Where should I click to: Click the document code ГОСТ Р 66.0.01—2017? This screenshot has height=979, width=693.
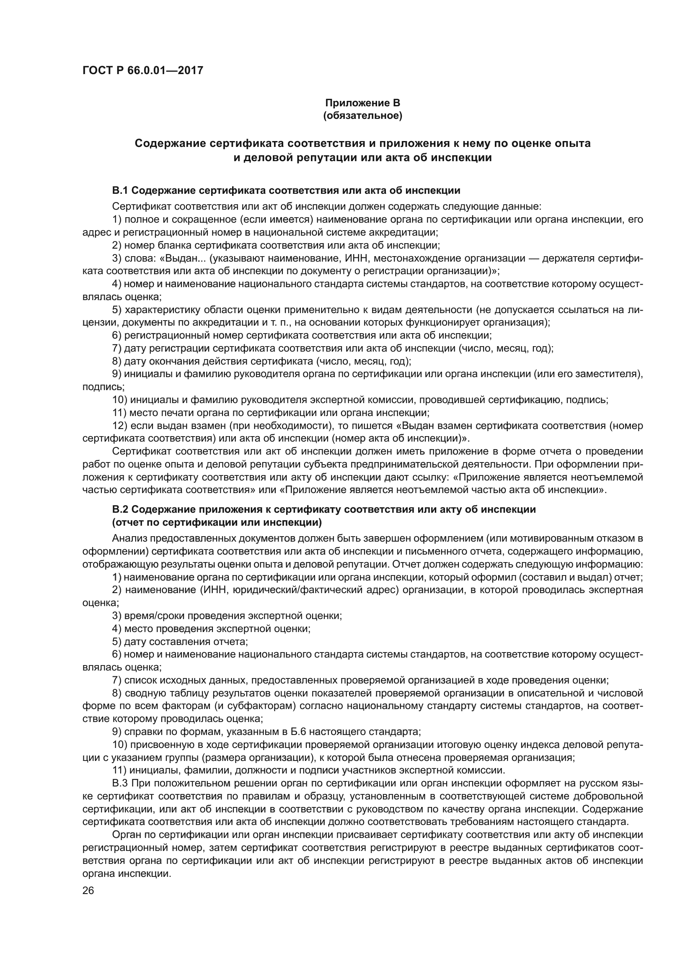(142, 70)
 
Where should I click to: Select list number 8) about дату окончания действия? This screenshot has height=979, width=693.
(116, 362)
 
